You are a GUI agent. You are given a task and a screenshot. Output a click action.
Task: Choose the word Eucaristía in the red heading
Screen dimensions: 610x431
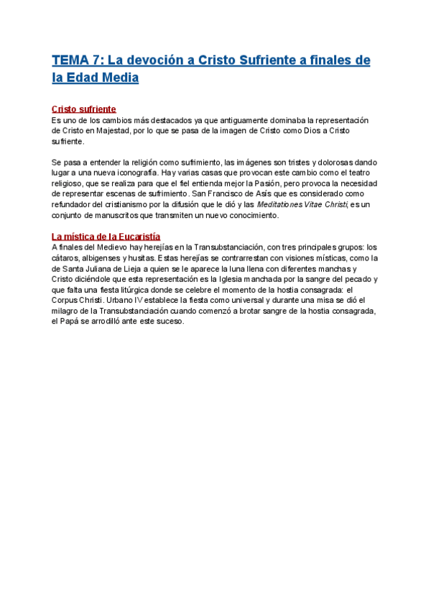134,237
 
